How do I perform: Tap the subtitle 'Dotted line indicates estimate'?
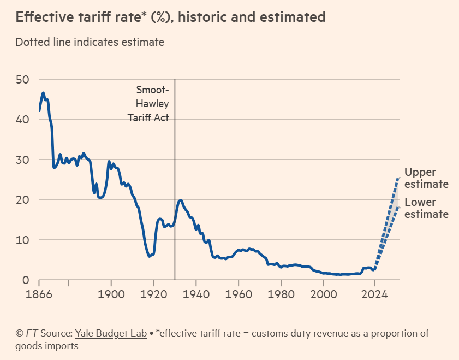point(90,42)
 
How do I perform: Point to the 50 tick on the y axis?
point(22,79)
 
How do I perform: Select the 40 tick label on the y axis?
point(22,120)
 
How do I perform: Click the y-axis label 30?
point(22,160)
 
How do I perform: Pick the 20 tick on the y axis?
point(22,200)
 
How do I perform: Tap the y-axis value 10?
point(22,240)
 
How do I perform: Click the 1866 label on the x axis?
point(39,293)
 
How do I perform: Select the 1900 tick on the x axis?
point(111,293)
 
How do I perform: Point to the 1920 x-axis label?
point(153,293)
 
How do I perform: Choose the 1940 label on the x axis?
point(196,293)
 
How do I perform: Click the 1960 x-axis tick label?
point(239,293)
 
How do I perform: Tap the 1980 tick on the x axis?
point(281,293)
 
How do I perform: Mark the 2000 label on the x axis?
point(323,293)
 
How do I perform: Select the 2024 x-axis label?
point(374,293)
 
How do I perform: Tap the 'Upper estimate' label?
point(426,178)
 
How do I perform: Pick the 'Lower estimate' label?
point(426,208)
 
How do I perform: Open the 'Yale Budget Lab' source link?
point(111,333)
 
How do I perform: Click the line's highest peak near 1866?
point(43,93)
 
